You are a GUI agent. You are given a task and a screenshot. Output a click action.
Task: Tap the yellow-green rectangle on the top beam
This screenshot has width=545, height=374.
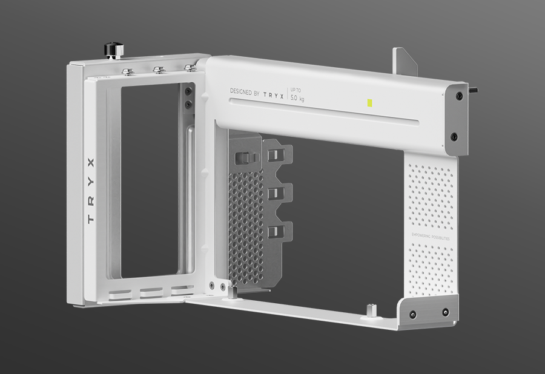click(x=368, y=102)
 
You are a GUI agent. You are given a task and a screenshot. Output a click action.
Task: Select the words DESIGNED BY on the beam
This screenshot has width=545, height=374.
click(x=245, y=93)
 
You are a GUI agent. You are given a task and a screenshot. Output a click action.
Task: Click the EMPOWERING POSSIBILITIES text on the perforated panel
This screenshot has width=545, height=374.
click(x=430, y=238)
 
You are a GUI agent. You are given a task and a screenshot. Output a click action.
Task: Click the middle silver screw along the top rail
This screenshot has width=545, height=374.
click(x=159, y=70)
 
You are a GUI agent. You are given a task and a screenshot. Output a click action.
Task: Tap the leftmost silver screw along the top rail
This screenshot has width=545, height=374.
click(x=127, y=71)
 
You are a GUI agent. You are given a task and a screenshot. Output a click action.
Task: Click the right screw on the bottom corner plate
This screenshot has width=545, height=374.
click(x=445, y=313)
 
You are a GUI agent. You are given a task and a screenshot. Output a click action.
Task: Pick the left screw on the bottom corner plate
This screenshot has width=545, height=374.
click(x=412, y=314)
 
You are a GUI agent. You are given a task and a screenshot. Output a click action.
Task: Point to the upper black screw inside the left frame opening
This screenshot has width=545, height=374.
click(x=188, y=91)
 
